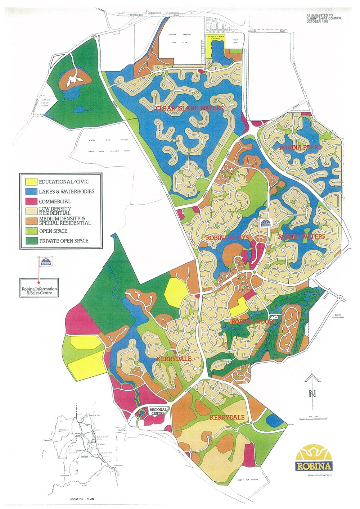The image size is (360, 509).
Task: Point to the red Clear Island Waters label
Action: [189, 108]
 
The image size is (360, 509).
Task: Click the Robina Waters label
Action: [302, 237]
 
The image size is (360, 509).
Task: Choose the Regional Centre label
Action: [158, 412]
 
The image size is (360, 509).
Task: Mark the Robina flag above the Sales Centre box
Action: [45, 261]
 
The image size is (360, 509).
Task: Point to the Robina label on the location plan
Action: [85, 457]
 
